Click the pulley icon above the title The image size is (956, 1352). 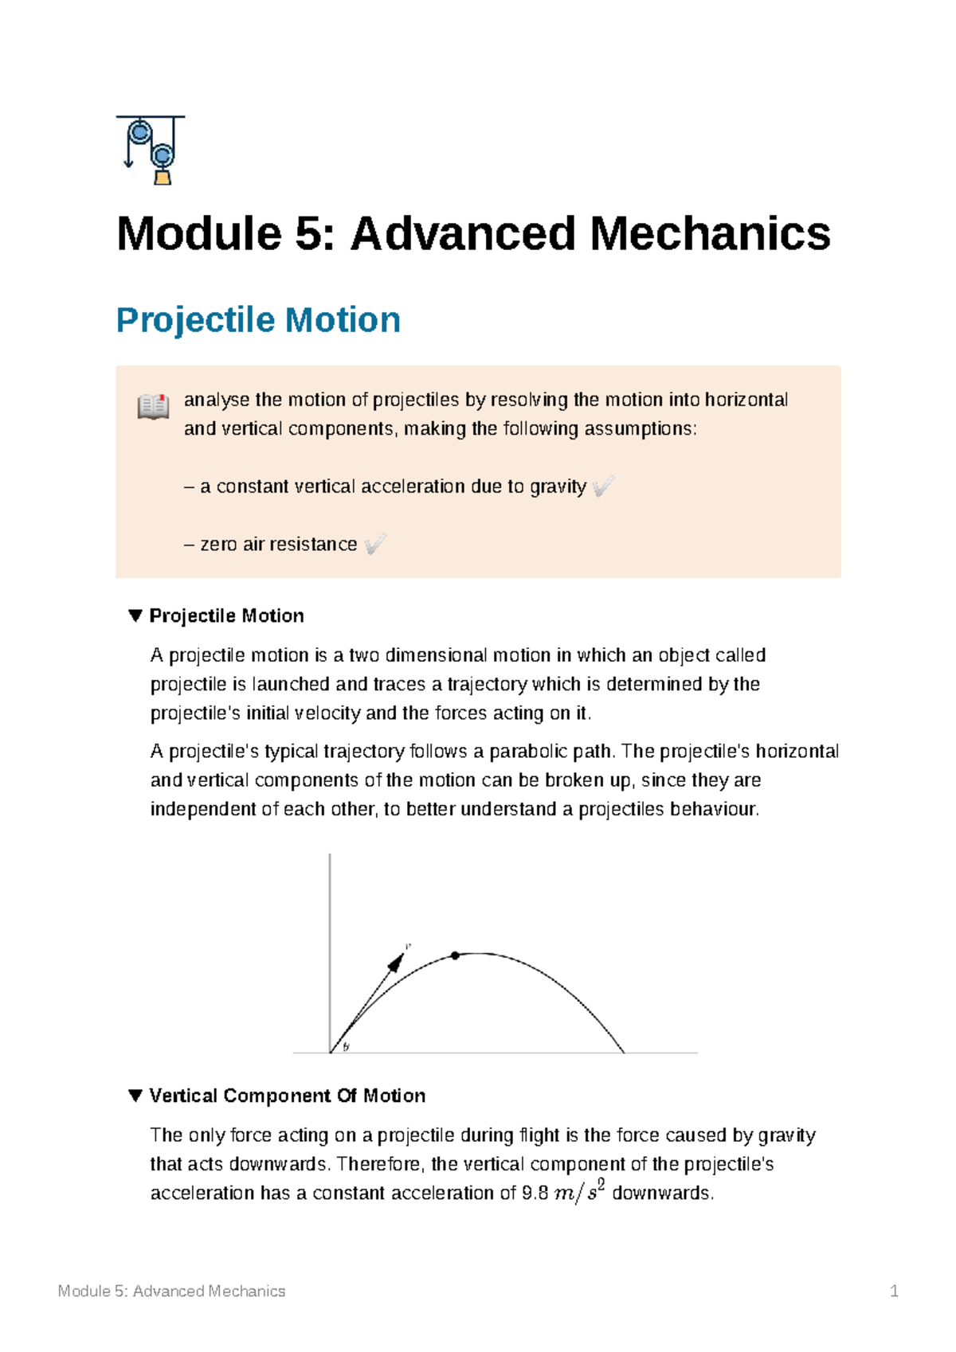(151, 150)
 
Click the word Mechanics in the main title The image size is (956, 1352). (710, 234)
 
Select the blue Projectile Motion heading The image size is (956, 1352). (258, 320)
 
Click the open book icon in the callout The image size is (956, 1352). (153, 406)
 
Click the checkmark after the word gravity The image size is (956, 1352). (603, 486)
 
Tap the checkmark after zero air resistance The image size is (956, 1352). (374, 544)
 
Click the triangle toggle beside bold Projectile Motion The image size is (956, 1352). (135, 615)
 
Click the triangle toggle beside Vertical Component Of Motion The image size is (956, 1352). (135, 1096)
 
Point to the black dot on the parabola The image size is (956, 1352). (455, 955)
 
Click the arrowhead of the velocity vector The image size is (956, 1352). (395, 963)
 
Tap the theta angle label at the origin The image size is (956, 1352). (346, 1047)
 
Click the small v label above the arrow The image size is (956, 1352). (408, 947)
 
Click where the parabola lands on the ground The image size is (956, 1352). (624, 1052)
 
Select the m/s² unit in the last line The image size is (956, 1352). (579, 1193)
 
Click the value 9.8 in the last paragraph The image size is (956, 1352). (535, 1193)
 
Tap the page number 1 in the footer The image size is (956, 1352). (894, 1291)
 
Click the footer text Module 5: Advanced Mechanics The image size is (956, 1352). (171, 1291)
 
